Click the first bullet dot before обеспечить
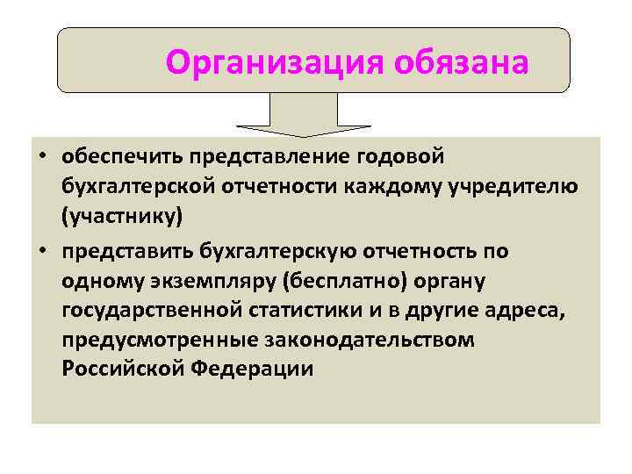point(41,157)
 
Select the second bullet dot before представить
point(41,253)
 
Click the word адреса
point(533,311)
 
